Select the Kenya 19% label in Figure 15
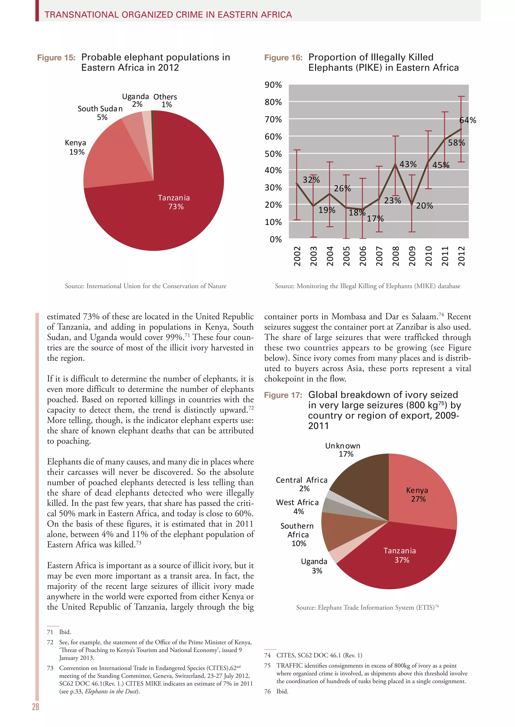coord(76,147)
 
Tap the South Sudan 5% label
coord(100,113)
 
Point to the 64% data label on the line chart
coord(468,120)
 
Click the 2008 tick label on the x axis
coord(396,256)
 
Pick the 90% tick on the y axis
coord(273,85)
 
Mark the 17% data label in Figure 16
coord(375,219)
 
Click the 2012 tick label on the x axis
coord(461,256)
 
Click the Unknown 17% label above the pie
coord(343,450)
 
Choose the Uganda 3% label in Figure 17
coord(314,566)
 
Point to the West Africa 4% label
coord(297,507)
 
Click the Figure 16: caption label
coord(283,58)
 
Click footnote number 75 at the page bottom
coord(268,665)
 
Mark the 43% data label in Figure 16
coord(408,164)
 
